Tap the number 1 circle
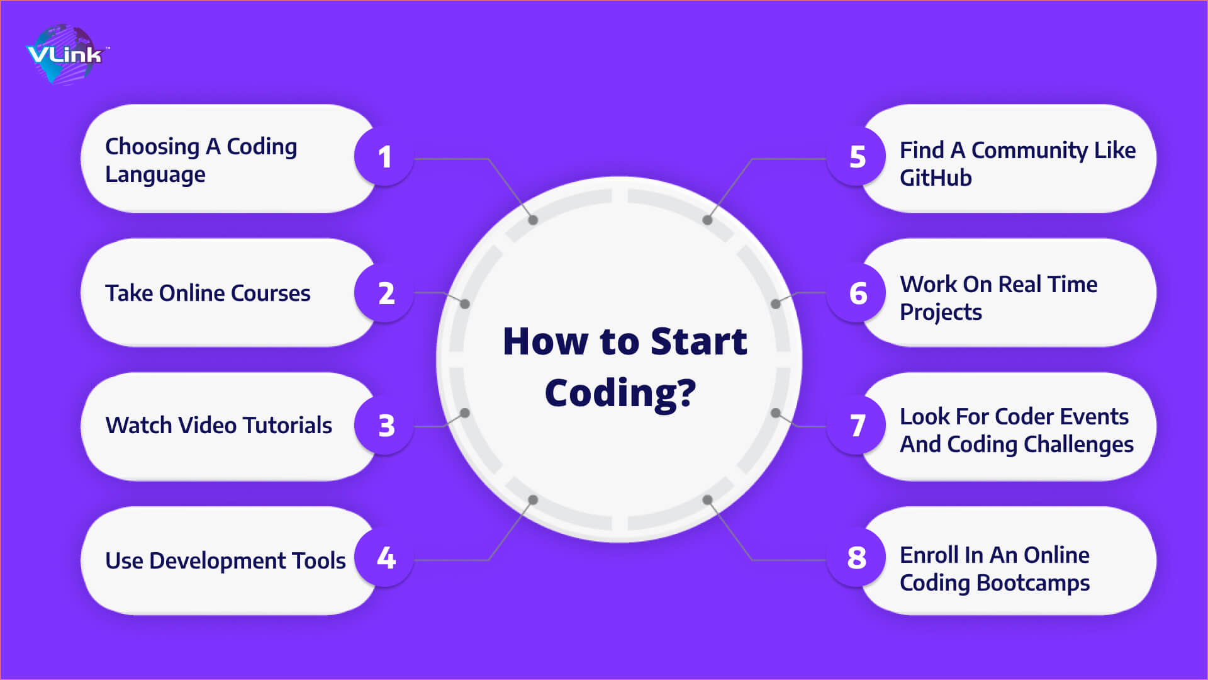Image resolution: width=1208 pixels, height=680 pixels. pos(384,157)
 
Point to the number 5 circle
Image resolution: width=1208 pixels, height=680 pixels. pos(857,157)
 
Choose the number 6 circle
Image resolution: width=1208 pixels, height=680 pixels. pos(857,293)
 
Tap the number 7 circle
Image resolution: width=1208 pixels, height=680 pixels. pos(857,426)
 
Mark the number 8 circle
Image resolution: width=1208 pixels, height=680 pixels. pos(857,558)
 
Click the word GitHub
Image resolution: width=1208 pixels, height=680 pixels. pos(936,178)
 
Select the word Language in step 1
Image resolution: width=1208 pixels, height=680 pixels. pos(155,175)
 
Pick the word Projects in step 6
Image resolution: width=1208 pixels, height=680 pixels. pos(941,313)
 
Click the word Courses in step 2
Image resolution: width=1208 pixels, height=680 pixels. pos(271,293)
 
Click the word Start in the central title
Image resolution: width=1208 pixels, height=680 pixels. pos(698,341)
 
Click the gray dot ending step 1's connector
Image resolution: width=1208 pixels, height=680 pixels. pos(533,220)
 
